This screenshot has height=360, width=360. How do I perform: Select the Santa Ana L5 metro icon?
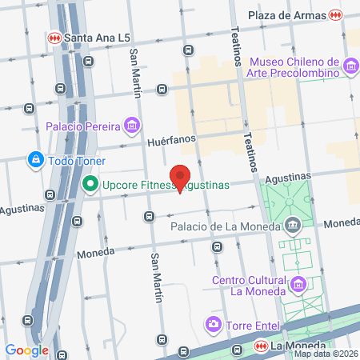54,37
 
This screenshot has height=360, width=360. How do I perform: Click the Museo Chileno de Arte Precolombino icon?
350,65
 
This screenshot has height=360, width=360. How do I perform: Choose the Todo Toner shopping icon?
35,160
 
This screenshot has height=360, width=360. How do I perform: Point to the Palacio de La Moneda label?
226,226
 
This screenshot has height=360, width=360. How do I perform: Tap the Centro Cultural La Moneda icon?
298,284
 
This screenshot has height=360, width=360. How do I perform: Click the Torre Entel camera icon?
214,324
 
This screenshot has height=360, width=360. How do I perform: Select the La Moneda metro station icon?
259,346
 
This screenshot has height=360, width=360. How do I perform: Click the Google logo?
26,350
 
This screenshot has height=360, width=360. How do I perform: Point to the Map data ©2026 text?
326,354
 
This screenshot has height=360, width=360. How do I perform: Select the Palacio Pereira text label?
82,126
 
